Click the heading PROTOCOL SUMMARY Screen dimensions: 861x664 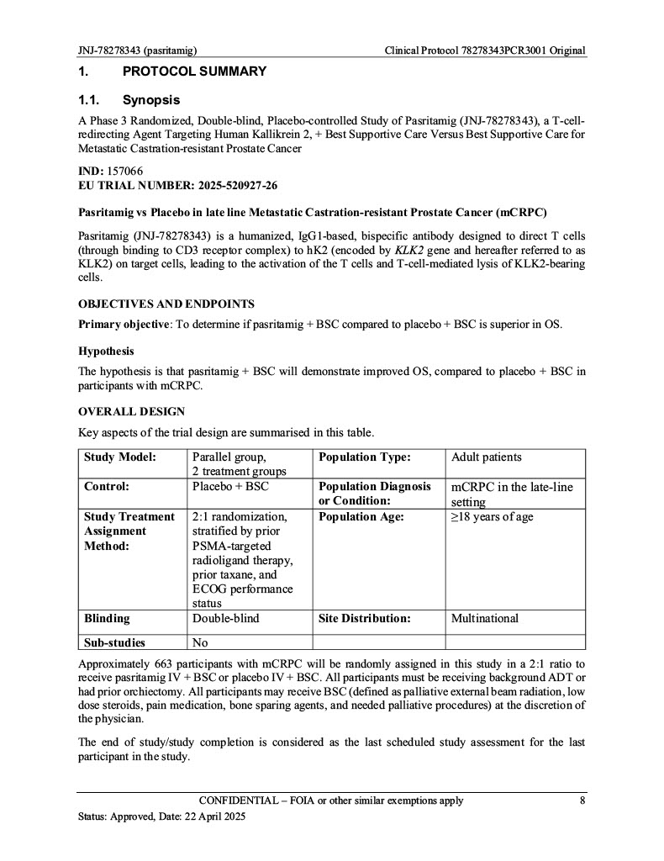(194, 71)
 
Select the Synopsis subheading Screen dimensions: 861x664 (151, 101)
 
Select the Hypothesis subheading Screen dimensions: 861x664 (106, 351)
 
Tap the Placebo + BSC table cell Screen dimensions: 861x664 (230, 487)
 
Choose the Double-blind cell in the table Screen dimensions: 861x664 (226, 619)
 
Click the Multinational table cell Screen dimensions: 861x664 (485, 619)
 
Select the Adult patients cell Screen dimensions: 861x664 (487, 457)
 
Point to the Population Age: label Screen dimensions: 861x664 (361, 517)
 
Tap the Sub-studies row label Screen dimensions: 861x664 (114, 643)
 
